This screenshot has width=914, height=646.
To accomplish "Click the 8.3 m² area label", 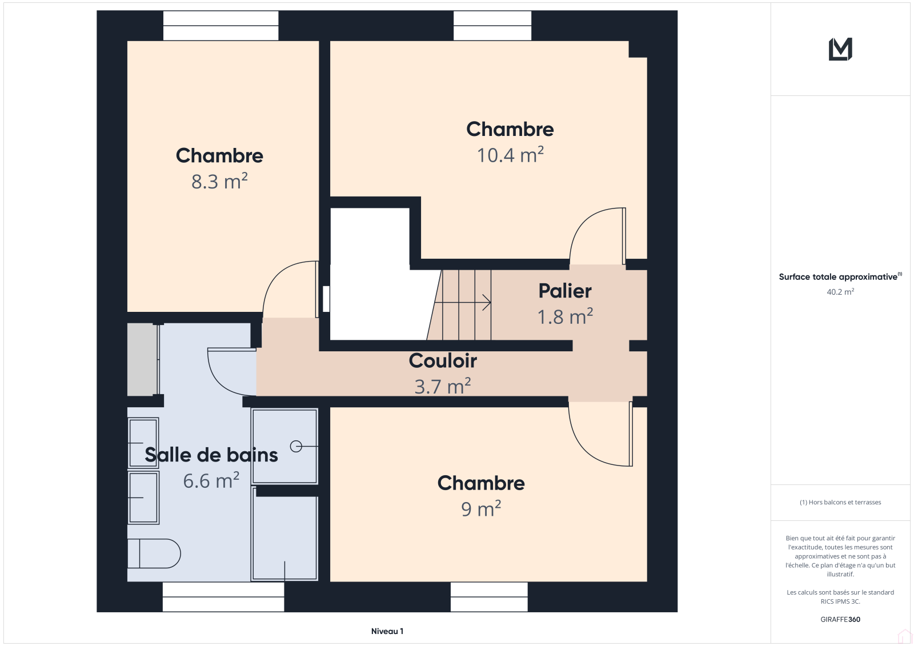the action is pos(219,181).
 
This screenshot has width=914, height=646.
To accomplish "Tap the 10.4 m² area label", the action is pos(510,155).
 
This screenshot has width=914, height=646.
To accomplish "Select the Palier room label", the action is pos(565,291).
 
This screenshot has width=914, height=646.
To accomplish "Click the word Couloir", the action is pos(443,361).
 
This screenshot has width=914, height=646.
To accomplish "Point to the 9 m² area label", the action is pos(481,509).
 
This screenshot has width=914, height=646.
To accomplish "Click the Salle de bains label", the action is pos(211,455).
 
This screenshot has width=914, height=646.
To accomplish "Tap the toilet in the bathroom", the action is pos(154,553).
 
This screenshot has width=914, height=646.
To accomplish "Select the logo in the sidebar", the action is pos(840,49).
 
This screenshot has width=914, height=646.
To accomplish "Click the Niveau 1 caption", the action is pos(387,631).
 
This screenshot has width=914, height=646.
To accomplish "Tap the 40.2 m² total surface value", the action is pos(840,292).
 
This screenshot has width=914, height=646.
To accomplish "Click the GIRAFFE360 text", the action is pos(840,620).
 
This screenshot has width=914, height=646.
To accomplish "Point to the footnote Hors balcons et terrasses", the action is pos(840,503).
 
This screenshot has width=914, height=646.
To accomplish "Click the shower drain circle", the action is pos(296,447).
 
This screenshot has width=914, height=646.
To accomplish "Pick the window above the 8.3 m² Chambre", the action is pos(221,26).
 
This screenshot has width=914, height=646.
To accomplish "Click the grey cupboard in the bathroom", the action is pos(142,359).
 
